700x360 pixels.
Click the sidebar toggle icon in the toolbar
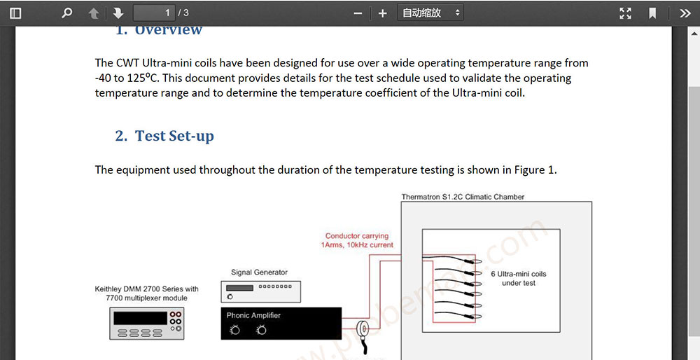pyautogui.click(x=15, y=13)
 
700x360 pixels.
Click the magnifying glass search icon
pyautogui.click(x=67, y=13)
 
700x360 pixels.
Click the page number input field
pyautogui.click(x=153, y=13)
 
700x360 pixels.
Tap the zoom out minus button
pyautogui.click(x=358, y=13)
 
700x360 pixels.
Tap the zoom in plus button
pyautogui.click(x=382, y=13)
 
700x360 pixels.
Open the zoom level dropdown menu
pyautogui.click(x=430, y=13)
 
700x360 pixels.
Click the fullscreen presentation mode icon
pyautogui.click(x=625, y=13)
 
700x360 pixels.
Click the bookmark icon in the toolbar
pyautogui.click(x=652, y=13)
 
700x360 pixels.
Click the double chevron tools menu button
pyautogui.click(x=685, y=13)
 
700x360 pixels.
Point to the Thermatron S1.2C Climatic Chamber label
pyautogui.click(x=463, y=197)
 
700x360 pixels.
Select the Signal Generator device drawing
pyautogui.click(x=260, y=291)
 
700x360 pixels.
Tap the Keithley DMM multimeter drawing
pyautogui.click(x=147, y=324)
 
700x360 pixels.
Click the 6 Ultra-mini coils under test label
pyautogui.click(x=518, y=278)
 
